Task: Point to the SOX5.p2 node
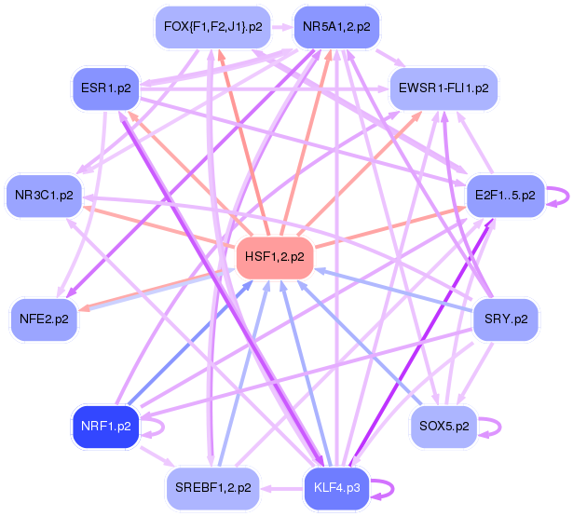pos(443,426)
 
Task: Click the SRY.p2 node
pos(506,319)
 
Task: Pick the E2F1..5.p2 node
pos(504,196)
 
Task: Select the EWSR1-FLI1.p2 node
pos(443,88)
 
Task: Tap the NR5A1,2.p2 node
pos(336,26)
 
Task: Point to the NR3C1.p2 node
pos(43,195)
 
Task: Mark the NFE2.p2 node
pos(43,319)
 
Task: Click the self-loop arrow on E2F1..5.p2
pos(557,197)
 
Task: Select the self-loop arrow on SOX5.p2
pos(491,426)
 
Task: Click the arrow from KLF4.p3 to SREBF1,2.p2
pos(280,486)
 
